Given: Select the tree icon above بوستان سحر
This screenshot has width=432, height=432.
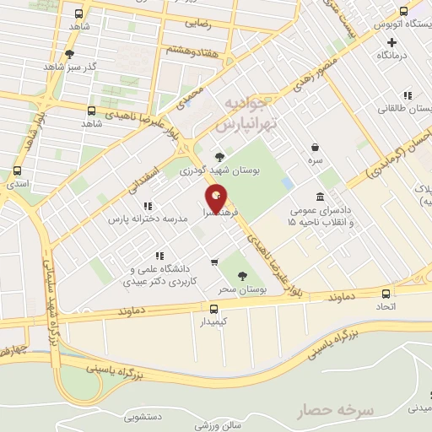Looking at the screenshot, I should pyautogui.click(x=243, y=275).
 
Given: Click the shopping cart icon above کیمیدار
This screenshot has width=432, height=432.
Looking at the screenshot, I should pyautogui.click(x=214, y=262).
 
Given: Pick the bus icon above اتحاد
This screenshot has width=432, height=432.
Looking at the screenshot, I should pyautogui.click(x=386, y=294).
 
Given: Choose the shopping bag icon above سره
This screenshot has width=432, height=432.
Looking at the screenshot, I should pyautogui.click(x=315, y=146).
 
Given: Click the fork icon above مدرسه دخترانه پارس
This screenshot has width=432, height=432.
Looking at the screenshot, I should pyautogui.click(x=148, y=205).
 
